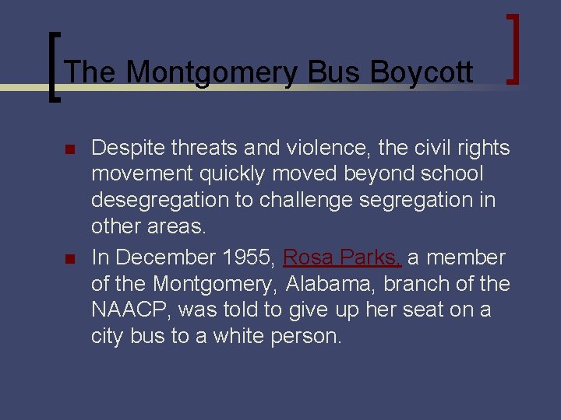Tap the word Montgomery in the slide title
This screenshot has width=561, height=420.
click(212, 73)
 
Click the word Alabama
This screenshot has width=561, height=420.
click(329, 285)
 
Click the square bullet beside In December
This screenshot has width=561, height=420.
click(68, 258)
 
